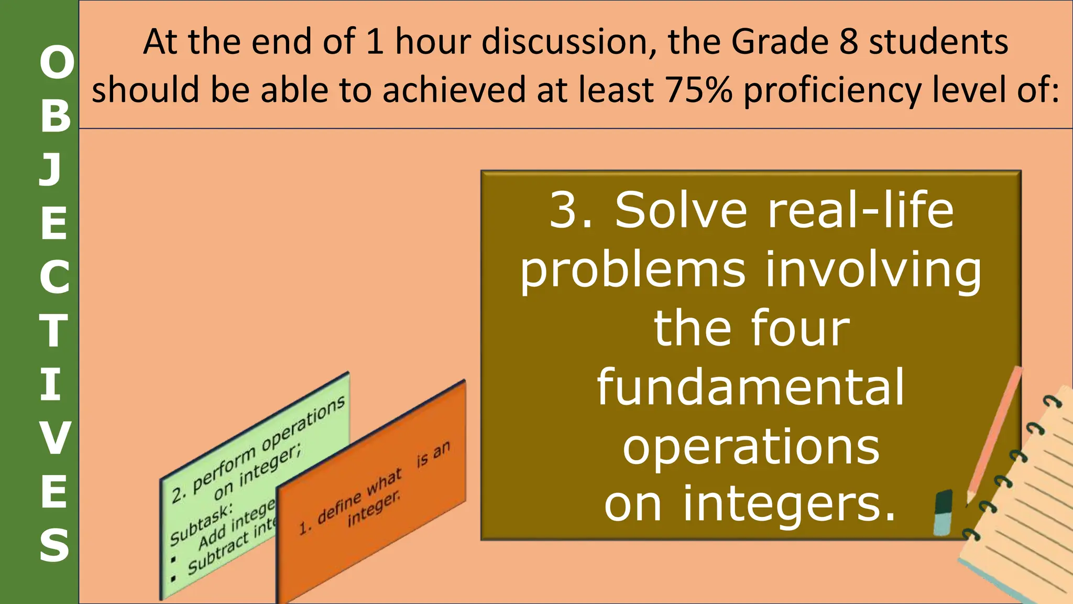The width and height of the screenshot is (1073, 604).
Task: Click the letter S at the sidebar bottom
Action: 54,545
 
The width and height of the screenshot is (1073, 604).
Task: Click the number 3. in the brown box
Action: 571,211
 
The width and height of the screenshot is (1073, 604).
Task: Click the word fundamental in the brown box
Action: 751,387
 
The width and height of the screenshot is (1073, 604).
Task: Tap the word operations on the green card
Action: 303,423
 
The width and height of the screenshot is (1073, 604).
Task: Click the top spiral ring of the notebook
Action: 1051,402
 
